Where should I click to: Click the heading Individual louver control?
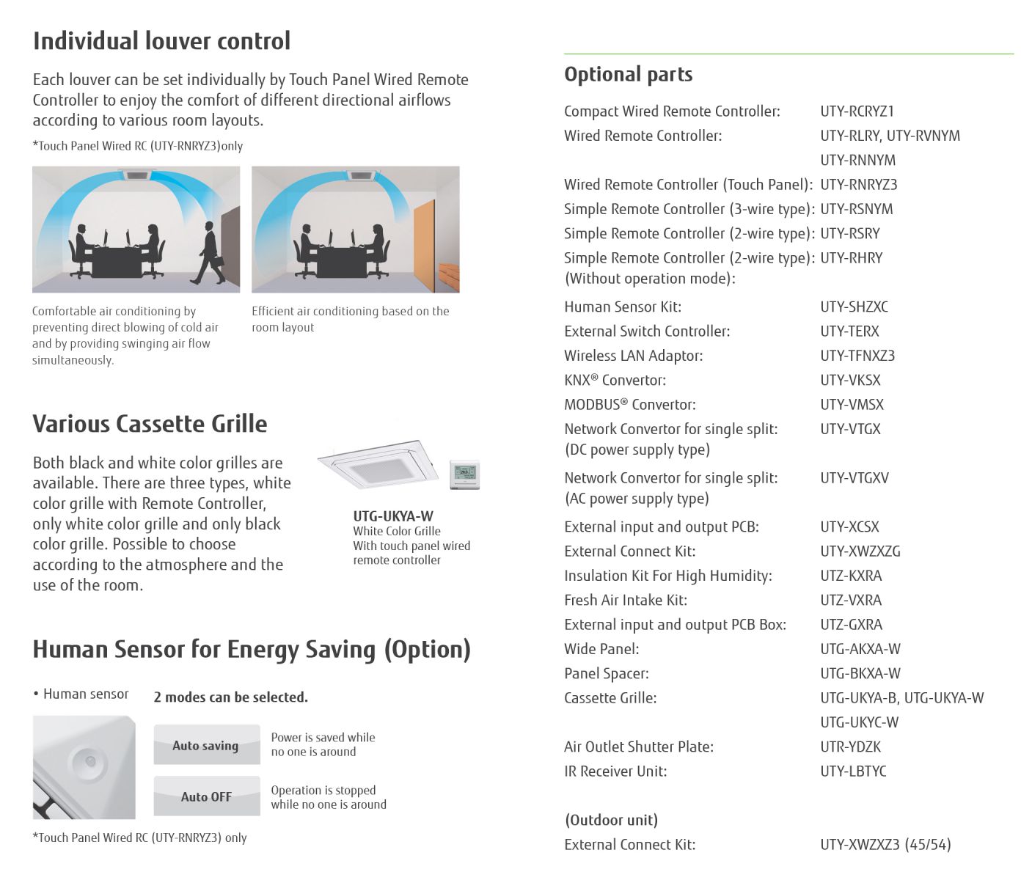[161, 41]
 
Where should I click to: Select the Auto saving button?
[206, 745]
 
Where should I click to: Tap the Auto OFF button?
[206, 796]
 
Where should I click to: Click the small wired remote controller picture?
[464, 474]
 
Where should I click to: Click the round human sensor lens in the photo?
[89, 760]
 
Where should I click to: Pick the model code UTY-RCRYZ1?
[857, 111]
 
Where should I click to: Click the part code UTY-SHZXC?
[854, 307]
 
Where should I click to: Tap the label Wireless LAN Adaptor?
[633, 356]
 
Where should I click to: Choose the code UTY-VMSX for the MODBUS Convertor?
[852, 405]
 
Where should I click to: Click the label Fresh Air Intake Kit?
[626, 601]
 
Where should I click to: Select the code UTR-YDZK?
[851, 747]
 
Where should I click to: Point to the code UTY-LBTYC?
[853, 771]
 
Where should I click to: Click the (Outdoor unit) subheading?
[611, 820]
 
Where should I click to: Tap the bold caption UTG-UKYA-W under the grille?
[393, 516]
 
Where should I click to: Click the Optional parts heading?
[628, 74]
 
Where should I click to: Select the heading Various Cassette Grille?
[150, 424]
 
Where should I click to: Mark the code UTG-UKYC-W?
[859, 722]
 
